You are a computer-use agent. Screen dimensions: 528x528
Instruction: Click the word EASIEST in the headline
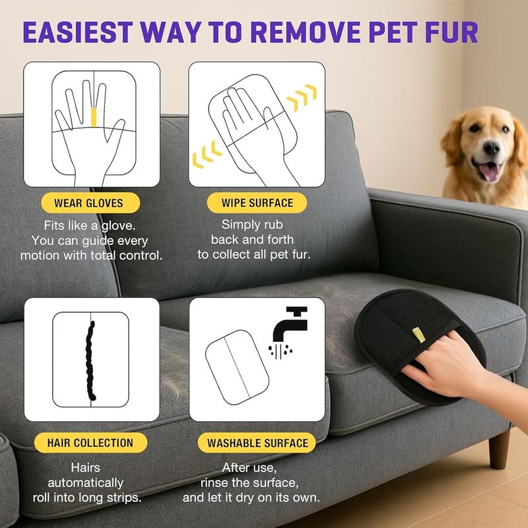coord(77,32)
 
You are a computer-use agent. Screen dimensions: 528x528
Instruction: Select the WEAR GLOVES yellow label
coord(90,203)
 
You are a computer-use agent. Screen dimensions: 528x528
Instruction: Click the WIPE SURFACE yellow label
coord(257,203)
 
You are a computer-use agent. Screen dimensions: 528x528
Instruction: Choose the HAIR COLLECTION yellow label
coord(90,442)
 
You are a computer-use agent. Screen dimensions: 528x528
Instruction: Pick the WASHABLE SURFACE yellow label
coord(257,442)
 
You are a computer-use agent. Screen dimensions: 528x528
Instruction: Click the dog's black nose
coord(492,147)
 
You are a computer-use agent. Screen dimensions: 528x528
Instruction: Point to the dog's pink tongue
coord(489,172)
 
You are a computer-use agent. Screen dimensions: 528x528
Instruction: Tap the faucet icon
coord(290,323)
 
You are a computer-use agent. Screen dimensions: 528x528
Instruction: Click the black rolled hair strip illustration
coord(90,361)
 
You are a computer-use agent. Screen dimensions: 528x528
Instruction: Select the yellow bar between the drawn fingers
coord(94,117)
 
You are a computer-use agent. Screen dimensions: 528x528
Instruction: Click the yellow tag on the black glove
coord(419,335)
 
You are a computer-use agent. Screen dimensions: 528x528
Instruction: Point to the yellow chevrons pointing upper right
coord(302,98)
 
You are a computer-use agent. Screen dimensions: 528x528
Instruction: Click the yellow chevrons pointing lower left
coord(207,154)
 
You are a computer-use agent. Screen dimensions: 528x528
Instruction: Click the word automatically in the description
coord(86,482)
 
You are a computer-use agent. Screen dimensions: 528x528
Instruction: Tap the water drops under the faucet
coord(280,352)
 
